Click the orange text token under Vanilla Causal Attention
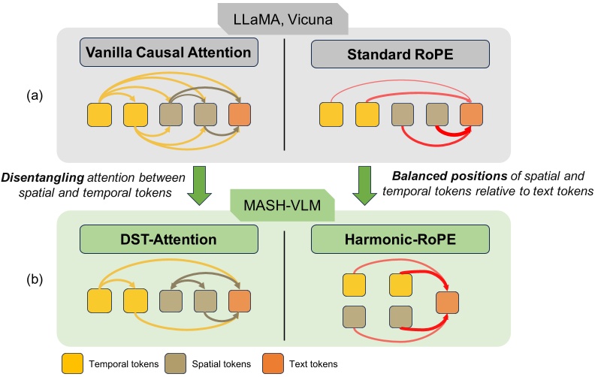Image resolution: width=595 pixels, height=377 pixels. point(240,115)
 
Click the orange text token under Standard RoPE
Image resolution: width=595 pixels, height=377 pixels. point(471,115)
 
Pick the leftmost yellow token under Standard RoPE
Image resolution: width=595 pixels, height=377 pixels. point(331,115)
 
